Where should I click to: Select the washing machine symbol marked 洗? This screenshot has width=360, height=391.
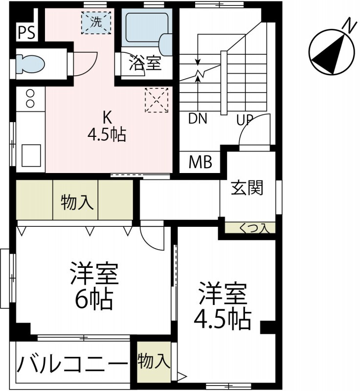click(x=96, y=22)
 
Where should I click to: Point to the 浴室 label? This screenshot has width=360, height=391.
click(x=145, y=63)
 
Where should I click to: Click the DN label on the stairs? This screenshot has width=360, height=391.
click(x=198, y=119)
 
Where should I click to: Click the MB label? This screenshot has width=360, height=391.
click(x=201, y=162)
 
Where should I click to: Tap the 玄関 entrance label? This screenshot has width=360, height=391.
click(x=247, y=188)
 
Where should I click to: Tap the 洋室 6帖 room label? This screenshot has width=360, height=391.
click(x=94, y=286)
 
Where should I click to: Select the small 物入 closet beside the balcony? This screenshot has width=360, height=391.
click(x=154, y=362)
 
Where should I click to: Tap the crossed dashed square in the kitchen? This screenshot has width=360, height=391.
click(x=157, y=100)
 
